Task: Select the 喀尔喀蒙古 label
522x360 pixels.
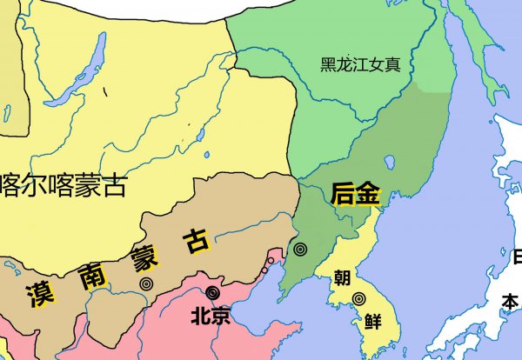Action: click(64, 184)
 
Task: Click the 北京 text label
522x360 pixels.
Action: click(211, 317)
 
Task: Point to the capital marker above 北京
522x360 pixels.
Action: click(212, 293)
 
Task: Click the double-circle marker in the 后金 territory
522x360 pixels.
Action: click(301, 250)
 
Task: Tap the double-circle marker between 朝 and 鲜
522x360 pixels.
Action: click(358, 299)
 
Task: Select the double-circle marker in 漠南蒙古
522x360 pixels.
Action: click(145, 283)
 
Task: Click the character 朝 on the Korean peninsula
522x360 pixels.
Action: click(342, 279)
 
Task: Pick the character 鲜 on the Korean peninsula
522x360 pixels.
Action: click(373, 320)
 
